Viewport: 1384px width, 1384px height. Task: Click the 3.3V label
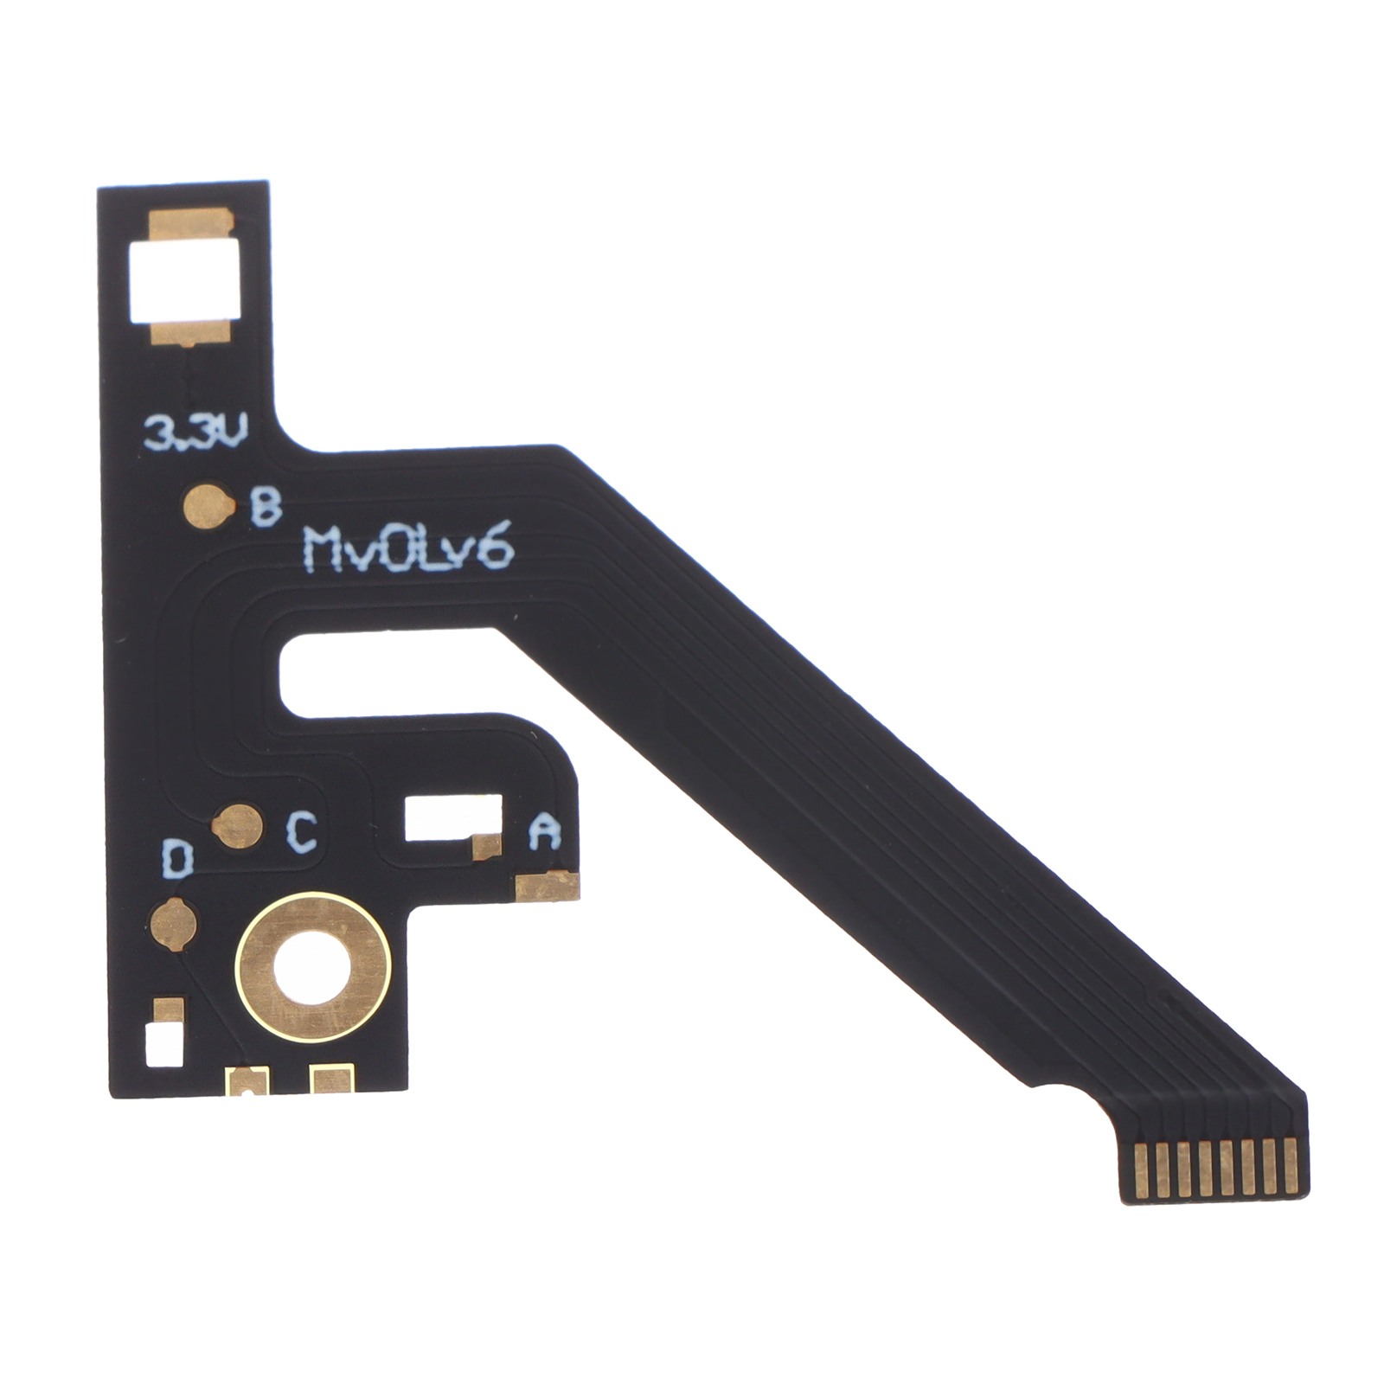click(195, 432)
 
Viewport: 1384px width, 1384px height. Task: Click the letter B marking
click(266, 507)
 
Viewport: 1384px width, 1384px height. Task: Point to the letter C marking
click(301, 832)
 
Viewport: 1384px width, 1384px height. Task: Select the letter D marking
click(176, 861)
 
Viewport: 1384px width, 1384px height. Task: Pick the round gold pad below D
click(173, 923)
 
